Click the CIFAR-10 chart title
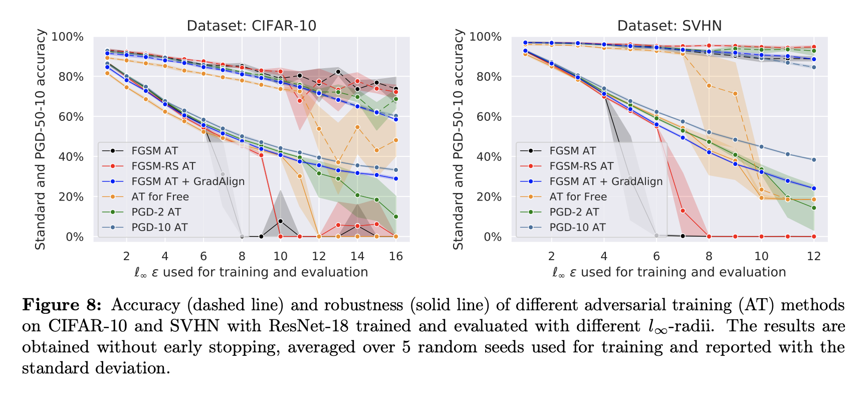[x=251, y=26]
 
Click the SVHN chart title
[x=669, y=26]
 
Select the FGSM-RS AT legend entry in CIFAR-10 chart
[x=163, y=166]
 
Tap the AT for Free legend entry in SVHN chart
[x=578, y=197]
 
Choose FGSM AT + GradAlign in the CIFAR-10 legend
[x=188, y=181]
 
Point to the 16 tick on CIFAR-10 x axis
[x=396, y=256]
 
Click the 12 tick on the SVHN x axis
[x=814, y=256]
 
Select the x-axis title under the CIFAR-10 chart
[x=251, y=272]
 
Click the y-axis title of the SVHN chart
[x=458, y=139]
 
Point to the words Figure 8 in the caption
[x=62, y=305]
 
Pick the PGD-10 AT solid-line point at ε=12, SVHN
[x=814, y=160]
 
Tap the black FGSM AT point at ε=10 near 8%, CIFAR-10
[x=280, y=221]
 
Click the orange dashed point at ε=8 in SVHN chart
[x=709, y=86]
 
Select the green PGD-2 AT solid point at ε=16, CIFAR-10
[x=396, y=217]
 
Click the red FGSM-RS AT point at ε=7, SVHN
[x=683, y=211]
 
